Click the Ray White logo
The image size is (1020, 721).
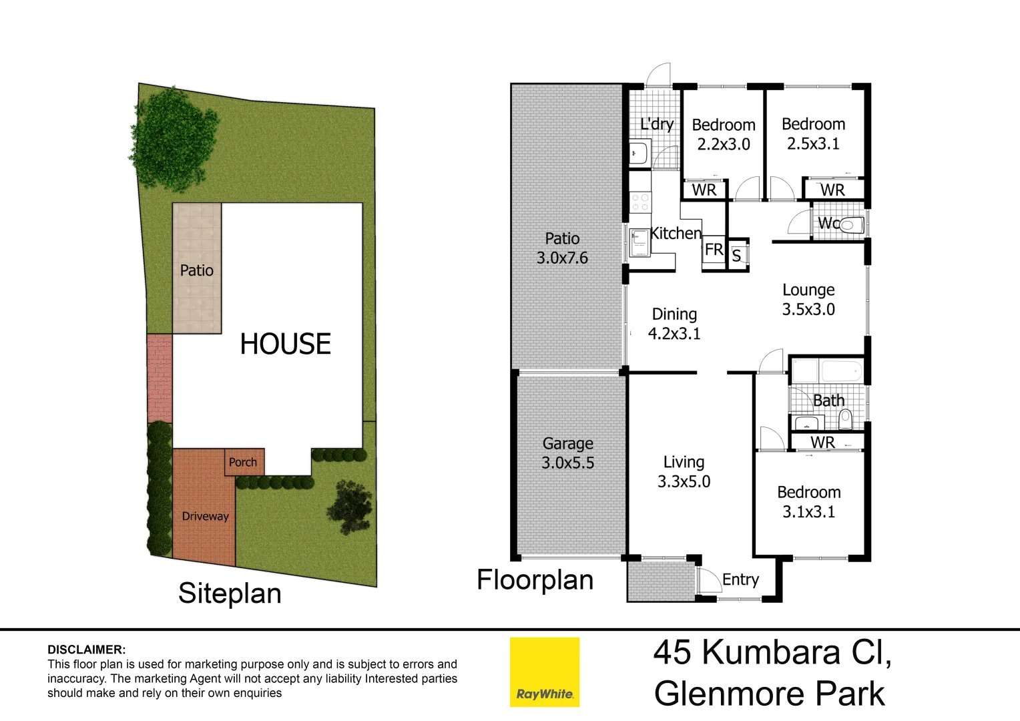[544, 672]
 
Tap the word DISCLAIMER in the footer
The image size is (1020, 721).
[86, 650]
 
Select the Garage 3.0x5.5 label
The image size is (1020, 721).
[567, 453]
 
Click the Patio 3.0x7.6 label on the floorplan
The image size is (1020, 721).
[562, 248]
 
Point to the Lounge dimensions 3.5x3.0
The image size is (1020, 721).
[808, 310]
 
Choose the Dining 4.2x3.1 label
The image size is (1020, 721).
[674, 324]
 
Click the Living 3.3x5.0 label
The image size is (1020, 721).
[684, 472]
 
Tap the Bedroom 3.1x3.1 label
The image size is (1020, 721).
[808, 502]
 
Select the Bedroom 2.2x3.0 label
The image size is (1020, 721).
[724, 134]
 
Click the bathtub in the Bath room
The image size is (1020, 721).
[840, 371]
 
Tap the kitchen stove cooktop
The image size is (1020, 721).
[640, 202]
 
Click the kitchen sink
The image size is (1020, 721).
[640, 242]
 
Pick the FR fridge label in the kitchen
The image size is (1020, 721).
[714, 250]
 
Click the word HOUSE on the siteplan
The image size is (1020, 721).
[285, 344]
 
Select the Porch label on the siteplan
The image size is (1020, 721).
[242, 462]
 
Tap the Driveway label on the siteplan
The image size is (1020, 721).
[205, 516]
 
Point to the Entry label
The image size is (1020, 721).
[740, 579]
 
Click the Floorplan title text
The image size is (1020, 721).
[535, 580]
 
